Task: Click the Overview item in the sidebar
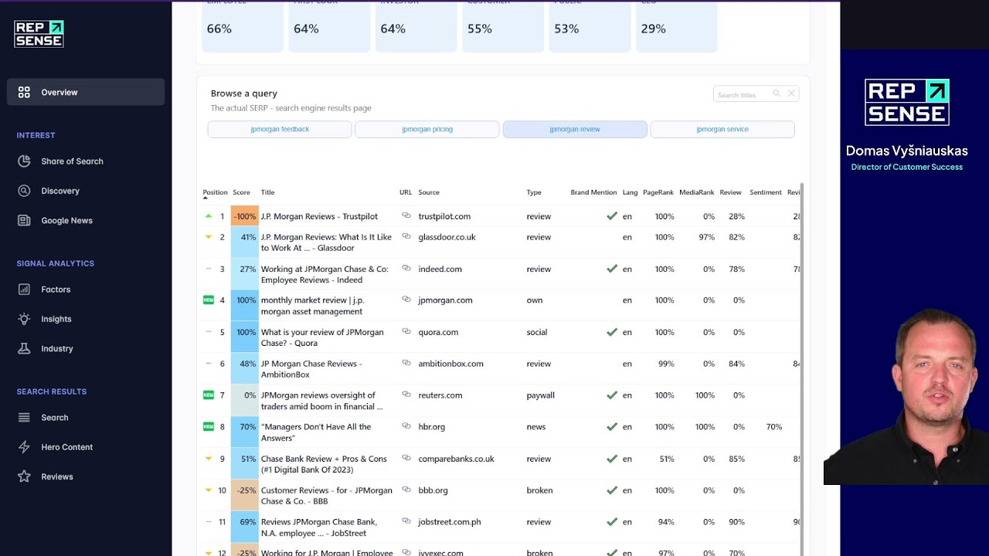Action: (59, 93)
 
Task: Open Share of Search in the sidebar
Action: (72, 161)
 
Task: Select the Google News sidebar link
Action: (66, 221)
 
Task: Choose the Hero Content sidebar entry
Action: (66, 447)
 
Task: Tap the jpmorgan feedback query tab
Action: (280, 130)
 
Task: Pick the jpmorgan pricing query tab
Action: (427, 130)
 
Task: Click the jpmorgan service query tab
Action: (722, 130)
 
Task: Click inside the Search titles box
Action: (742, 95)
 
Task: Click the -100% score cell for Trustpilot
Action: (245, 217)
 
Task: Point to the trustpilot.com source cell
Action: (444, 217)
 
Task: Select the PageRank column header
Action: (658, 192)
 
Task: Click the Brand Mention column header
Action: (593, 192)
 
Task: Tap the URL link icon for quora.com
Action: (406, 332)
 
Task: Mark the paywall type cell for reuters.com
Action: (540, 395)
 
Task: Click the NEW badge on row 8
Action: (209, 426)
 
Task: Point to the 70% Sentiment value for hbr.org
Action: (773, 427)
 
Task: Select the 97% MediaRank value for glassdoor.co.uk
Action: (706, 238)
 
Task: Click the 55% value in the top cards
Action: (480, 29)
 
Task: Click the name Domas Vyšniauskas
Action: (906, 151)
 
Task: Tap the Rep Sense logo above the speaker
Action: (906, 102)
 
